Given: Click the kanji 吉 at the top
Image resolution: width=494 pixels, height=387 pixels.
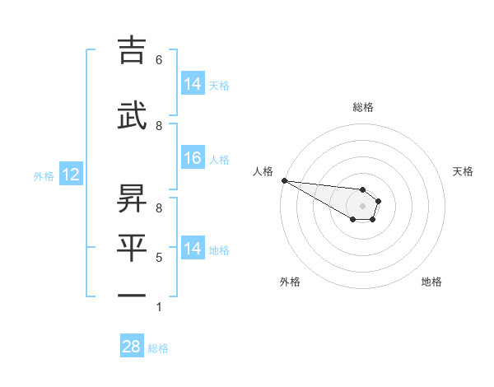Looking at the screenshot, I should (x=133, y=52).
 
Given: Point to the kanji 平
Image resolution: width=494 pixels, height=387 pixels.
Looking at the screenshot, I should (x=133, y=246).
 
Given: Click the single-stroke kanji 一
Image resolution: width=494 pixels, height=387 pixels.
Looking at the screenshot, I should (x=133, y=295).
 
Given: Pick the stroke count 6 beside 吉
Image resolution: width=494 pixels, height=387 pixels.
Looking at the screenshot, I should (x=159, y=60).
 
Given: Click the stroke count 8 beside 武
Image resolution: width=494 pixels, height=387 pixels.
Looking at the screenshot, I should (x=159, y=126).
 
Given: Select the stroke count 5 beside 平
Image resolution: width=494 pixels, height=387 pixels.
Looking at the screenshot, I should (x=159, y=258).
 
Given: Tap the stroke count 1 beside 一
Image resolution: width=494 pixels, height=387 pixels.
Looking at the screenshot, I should (x=159, y=307).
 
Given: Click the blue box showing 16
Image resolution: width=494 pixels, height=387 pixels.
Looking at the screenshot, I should (x=192, y=158).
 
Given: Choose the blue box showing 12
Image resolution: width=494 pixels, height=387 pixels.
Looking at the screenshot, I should (x=70, y=175).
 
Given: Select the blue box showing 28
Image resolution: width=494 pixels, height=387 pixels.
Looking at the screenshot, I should (x=131, y=347).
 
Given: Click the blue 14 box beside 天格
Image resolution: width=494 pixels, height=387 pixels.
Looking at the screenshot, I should (x=192, y=84).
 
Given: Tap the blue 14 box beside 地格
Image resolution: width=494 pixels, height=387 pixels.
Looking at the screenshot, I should (x=192, y=249).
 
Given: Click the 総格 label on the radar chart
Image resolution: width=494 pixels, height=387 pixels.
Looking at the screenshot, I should (x=362, y=107).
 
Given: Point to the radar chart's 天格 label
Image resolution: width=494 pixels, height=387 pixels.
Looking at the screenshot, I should (x=463, y=171).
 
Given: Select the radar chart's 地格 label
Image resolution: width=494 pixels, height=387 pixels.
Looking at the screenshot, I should (x=431, y=282).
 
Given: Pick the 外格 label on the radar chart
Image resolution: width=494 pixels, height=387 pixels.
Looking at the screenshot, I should (x=290, y=282).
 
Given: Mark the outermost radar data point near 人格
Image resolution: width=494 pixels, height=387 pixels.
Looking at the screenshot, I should (x=283, y=180).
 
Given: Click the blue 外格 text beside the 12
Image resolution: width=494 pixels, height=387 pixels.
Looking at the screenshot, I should (x=44, y=175).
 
